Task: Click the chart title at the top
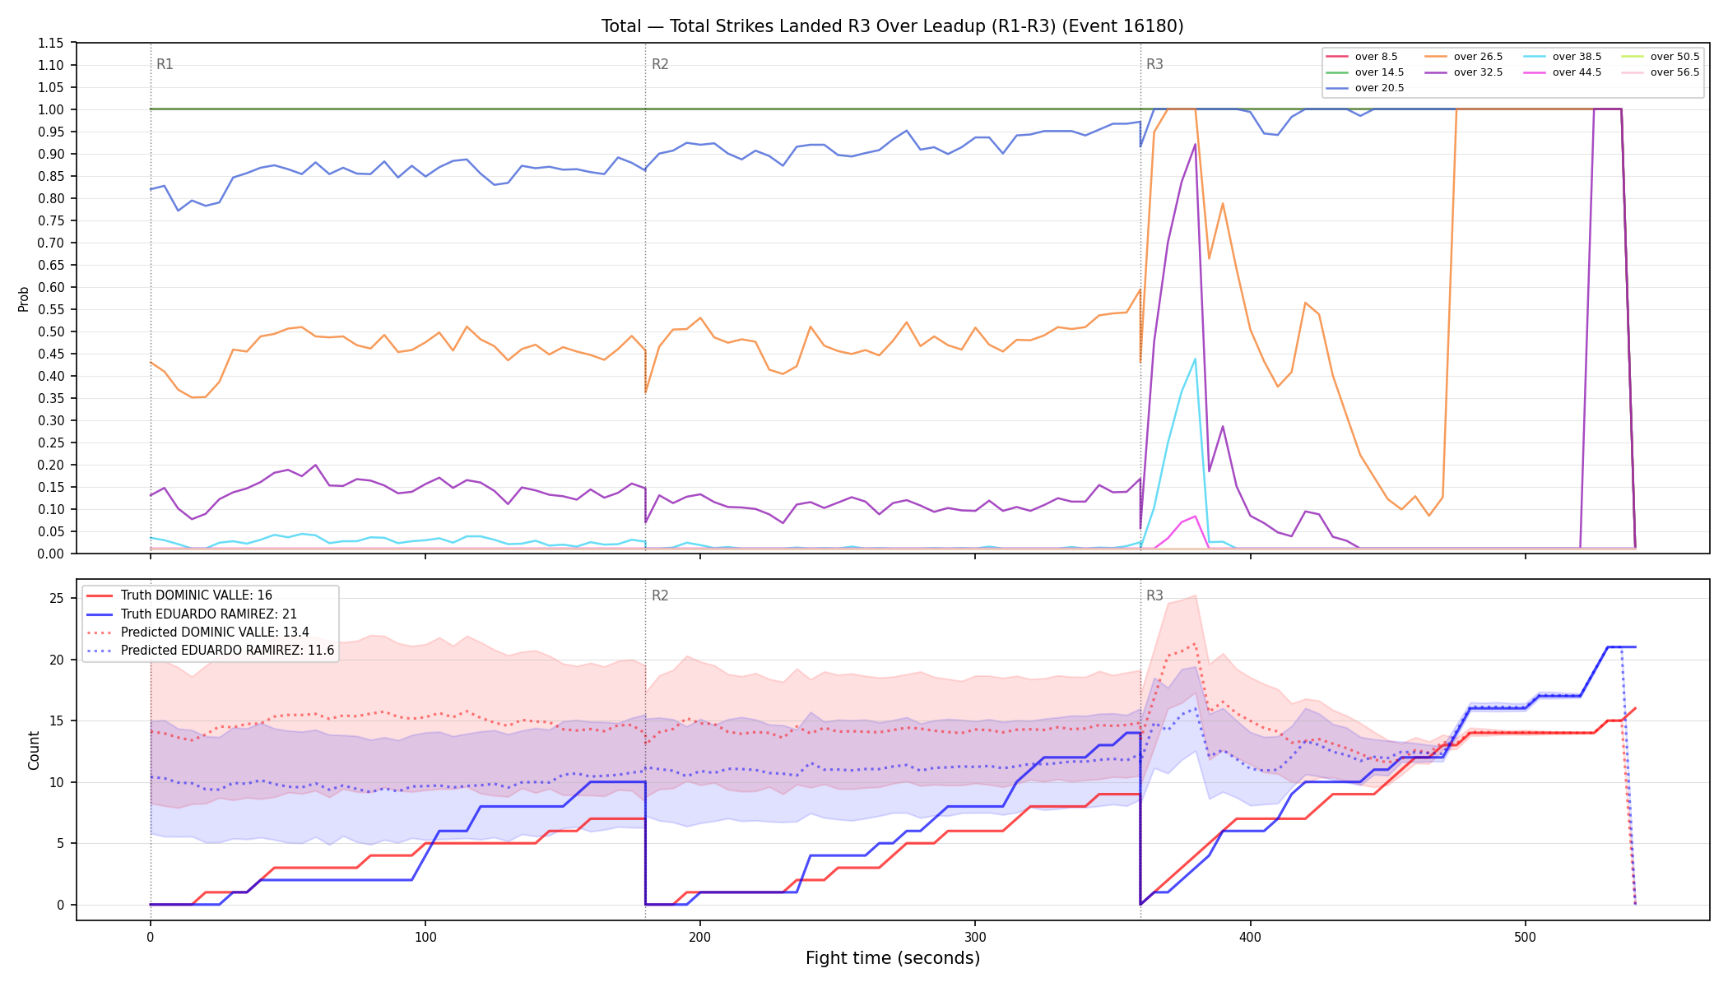point(892,26)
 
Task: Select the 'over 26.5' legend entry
point(1465,57)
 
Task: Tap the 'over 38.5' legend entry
point(1563,57)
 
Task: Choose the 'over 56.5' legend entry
point(1661,72)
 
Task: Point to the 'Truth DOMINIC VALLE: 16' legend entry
point(179,595)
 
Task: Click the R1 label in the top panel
point(165,64)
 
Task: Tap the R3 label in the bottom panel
point(1154,595)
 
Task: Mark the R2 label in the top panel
point(660,64)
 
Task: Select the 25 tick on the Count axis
point(57,598)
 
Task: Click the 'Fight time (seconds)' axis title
point(893,958)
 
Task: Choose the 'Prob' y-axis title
point(24,299)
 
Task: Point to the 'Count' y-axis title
point(34,750)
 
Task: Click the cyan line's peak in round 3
point(1195,359)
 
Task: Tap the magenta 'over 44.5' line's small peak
point(1195,517)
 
